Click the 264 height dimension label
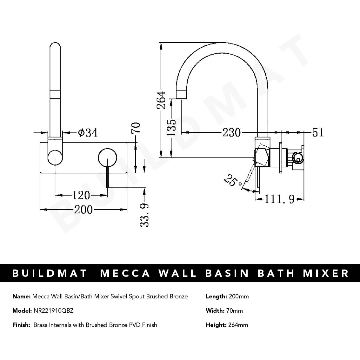pyautogui.click(x=162, y=100)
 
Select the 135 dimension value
pyautogui.click(x=172, y=127)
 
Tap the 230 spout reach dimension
pyautogui.click(x=231, y=132)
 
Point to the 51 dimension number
pyautogui.click(x=318, y=132)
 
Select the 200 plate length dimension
pyautogui.click(x=83, y=210)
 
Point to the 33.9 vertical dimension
pyautogui.click(x=144, y=215)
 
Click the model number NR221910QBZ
pyautogui.click(x=53, y=311)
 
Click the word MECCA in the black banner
pyautogui.click(x=126, y=273)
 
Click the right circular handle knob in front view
pyautogui.click(x=107, y=158)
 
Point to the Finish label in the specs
pyautogui.click(x=21, y=325)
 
